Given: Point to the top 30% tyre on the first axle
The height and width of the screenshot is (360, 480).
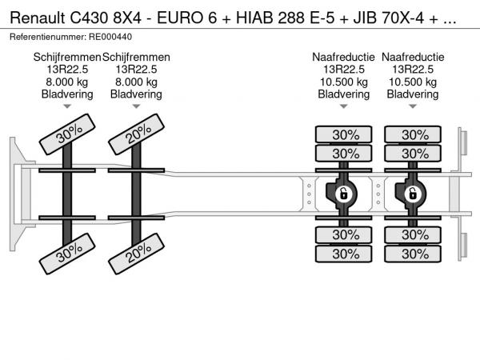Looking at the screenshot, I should tap(68, 138).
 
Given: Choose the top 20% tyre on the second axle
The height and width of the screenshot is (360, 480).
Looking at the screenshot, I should tap(136, 138).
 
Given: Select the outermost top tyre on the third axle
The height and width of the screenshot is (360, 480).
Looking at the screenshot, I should tap(344, 134).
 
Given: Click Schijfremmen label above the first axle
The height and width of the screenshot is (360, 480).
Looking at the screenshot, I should tap(67, 58).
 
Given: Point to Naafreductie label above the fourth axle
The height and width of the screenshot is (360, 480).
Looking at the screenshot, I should tap(413, 58).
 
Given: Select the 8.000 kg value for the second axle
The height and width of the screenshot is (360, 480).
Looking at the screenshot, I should tap(136, 82).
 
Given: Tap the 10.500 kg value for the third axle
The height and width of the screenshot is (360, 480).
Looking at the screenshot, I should tap(344, 82).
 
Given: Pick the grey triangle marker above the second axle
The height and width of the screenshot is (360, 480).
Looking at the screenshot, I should tap(136, 107).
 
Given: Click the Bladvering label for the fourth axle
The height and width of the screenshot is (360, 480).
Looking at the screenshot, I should tap(413, 94).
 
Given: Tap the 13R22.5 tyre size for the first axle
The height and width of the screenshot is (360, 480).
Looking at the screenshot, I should tap(67, 70).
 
